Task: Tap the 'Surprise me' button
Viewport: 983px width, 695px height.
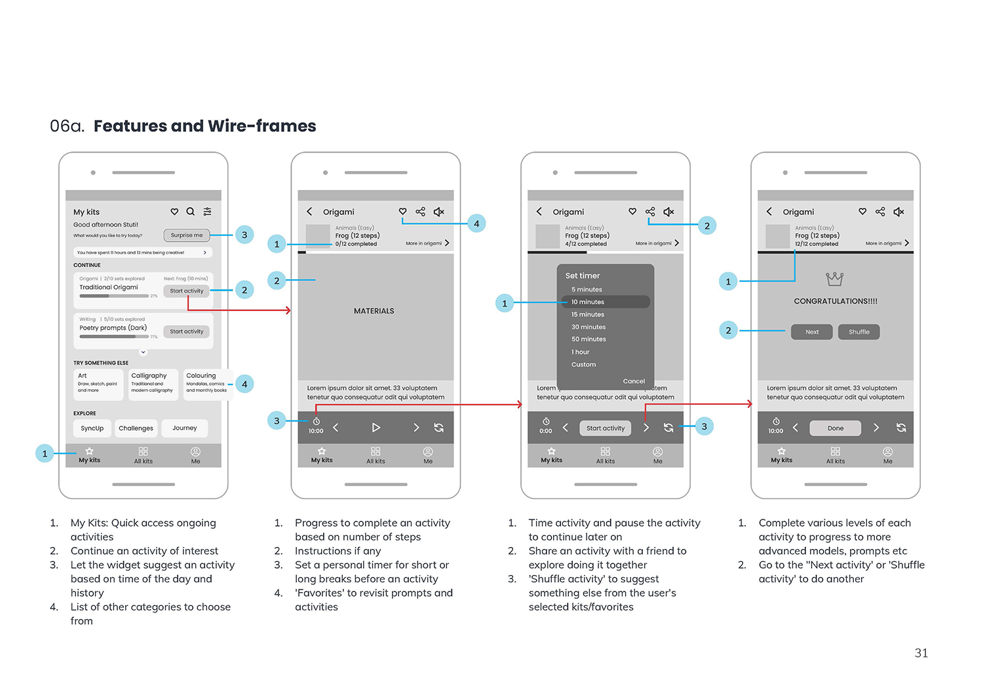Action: pyautogui.click(x=186, y=235)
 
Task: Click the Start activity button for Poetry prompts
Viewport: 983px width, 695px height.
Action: pyautogui.click(x=186, y=331)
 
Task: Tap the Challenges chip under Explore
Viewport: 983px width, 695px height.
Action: pyautogui.click(x=136, y=428)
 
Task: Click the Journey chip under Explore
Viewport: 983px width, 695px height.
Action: pyautogui.click(x=185, y=428)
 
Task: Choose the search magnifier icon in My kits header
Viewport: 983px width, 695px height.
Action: pyautogui.click(x=191, y=212)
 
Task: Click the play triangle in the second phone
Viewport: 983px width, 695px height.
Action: pyautogui.click(x=376, y=428)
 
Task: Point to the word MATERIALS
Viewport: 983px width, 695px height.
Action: pyautogui.click(x=374, y=311)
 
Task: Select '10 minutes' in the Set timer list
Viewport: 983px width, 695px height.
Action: pyautogui.click(x=588, y=302)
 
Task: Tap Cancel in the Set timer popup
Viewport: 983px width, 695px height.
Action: pyautogui.click(x=634, y=381)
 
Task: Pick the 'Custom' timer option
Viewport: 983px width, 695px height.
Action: pyautogui.click(x=583, y=365)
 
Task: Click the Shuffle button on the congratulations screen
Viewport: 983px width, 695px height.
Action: pyautogui.click(x=858, y=332)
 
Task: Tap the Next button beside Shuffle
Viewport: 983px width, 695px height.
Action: pyautogui.click(x=811, y=332)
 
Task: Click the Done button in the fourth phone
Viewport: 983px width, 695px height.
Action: pyautogui.click(x=836, y=428)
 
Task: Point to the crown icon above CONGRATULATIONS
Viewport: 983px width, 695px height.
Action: pyautogui.click(x=834, y=279)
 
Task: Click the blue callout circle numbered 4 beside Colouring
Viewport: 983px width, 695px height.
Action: pyautogui.click(x=244, y=385)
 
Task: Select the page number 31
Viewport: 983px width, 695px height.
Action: pyautogui.click(x=921, y=653)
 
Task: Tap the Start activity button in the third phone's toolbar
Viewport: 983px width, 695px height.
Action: pyautogui.click(x=605, y=428)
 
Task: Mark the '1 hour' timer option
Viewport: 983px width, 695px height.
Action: pyautogui.click(x=581, y=352)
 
